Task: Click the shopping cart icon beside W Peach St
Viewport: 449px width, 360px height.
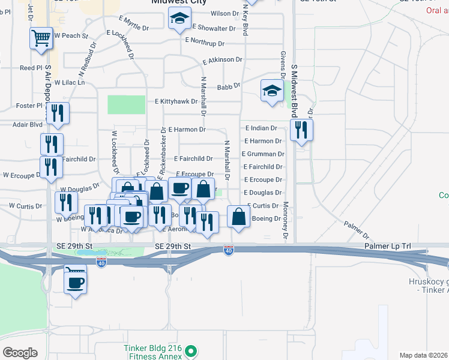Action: tap(41, 39)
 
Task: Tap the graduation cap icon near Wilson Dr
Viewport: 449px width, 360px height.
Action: tap(178, 20)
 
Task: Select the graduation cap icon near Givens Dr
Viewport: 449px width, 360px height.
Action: tap(272, 91)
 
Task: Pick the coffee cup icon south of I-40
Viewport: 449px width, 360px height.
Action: tap(76, 283)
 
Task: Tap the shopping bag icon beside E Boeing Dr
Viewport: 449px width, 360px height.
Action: tap(239, 217)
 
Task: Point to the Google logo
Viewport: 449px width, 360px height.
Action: tap(20, 353)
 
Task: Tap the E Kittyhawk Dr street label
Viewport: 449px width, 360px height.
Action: tap(176, 101)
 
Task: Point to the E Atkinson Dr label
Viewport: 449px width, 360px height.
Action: tap(222, 60)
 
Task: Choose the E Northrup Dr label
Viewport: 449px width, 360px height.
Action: tap(205, 43)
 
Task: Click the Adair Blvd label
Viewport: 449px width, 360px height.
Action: tap(28, 125)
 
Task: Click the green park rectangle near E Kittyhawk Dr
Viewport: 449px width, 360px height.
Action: tap(126, 104)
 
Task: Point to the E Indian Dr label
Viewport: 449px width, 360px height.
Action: tap(261, 128)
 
